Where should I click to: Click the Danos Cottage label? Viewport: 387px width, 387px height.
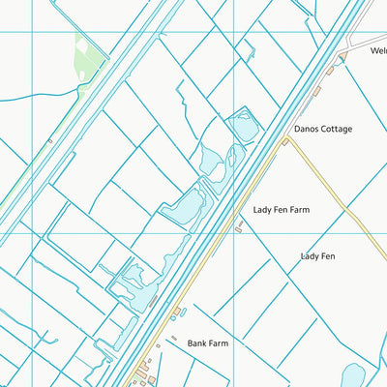(x=322, y=129)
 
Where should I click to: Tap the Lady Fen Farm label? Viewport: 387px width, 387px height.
(x=282, y=209)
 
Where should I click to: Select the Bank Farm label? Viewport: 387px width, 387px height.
(x=207, y=342)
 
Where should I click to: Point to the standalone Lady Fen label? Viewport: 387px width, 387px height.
(x=317, y=256)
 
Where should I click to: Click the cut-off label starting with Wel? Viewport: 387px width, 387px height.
(x=377, y=51)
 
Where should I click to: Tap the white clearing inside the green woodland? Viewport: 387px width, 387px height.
(x=81, y=45)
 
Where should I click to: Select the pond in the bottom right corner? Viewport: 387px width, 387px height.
(x=352, y=375)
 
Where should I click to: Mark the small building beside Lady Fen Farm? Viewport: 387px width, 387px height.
(x=239, y=229)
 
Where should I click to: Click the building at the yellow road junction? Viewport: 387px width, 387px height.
(x=284, y=141)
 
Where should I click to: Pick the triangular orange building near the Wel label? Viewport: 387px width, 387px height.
(x=340, y=59)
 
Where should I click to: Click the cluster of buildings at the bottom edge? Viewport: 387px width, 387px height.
(x=145, y=372)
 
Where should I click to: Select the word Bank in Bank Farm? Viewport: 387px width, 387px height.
(x=195, y=342)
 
